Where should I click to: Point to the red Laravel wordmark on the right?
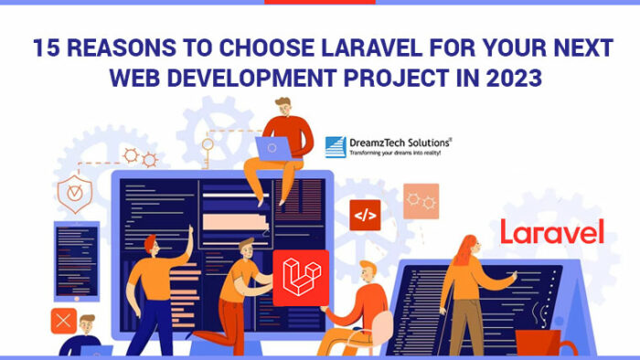(551, 231)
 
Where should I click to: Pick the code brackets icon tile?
(365, 217)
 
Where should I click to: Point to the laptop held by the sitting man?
(273, 145)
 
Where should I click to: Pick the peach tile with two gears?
(421, 200)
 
